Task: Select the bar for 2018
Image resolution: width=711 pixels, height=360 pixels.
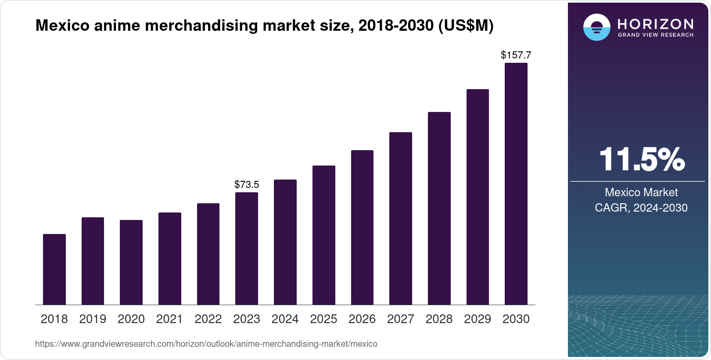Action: coord(54,269)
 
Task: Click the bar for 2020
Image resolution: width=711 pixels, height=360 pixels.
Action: coord(131,262)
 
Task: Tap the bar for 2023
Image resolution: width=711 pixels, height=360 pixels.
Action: coord(246,248)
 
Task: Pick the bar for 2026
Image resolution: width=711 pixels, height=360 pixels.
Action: coord(362,227)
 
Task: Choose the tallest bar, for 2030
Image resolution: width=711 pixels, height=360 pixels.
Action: coord(516,184)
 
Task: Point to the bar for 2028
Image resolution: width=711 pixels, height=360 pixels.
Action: coord(439,208)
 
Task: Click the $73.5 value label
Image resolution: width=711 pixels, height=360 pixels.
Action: coord(247,184)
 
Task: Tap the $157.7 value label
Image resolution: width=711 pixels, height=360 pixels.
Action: coord(516,55)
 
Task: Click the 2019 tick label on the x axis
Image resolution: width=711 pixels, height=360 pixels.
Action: coord(93,319)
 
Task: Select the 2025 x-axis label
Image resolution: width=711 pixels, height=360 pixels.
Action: coord(323,319)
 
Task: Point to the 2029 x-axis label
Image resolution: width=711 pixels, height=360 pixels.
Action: coord(478,319)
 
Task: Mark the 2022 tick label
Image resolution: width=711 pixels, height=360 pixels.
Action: coord(208,319)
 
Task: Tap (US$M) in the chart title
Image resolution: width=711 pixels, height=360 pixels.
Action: coord(466,25)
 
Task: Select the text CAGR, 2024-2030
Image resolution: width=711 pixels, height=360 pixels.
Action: coord(641,208)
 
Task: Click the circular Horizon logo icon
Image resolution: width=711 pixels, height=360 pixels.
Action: coord(596,27)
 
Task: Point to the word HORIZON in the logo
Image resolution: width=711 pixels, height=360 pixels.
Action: coord(655,24)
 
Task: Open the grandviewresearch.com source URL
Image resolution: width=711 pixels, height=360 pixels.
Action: coord(206,344)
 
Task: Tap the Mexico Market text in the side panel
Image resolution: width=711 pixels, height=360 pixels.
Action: coord(641,192)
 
